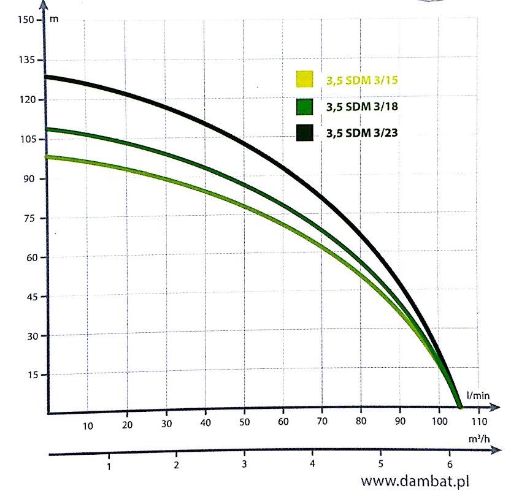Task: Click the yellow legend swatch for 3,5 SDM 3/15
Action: coord(304,80)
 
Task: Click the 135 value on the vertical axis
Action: coord(26,60)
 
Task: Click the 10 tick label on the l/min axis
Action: coord(88,426)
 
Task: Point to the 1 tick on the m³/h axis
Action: coord(109,466)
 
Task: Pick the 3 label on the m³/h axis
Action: coord(244,463)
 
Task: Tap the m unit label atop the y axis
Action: coord(54,19)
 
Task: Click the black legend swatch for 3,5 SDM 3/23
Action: coord(304,132)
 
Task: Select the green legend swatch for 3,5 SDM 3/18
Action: coord(304,107)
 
